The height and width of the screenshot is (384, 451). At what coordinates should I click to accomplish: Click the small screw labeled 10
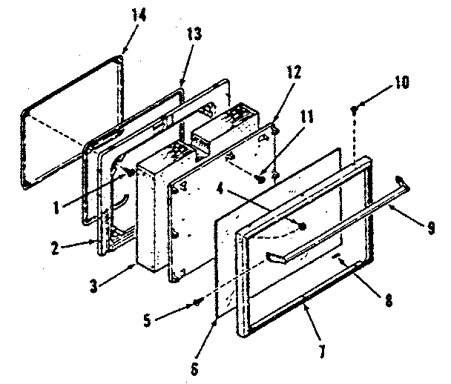coord(355,110)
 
